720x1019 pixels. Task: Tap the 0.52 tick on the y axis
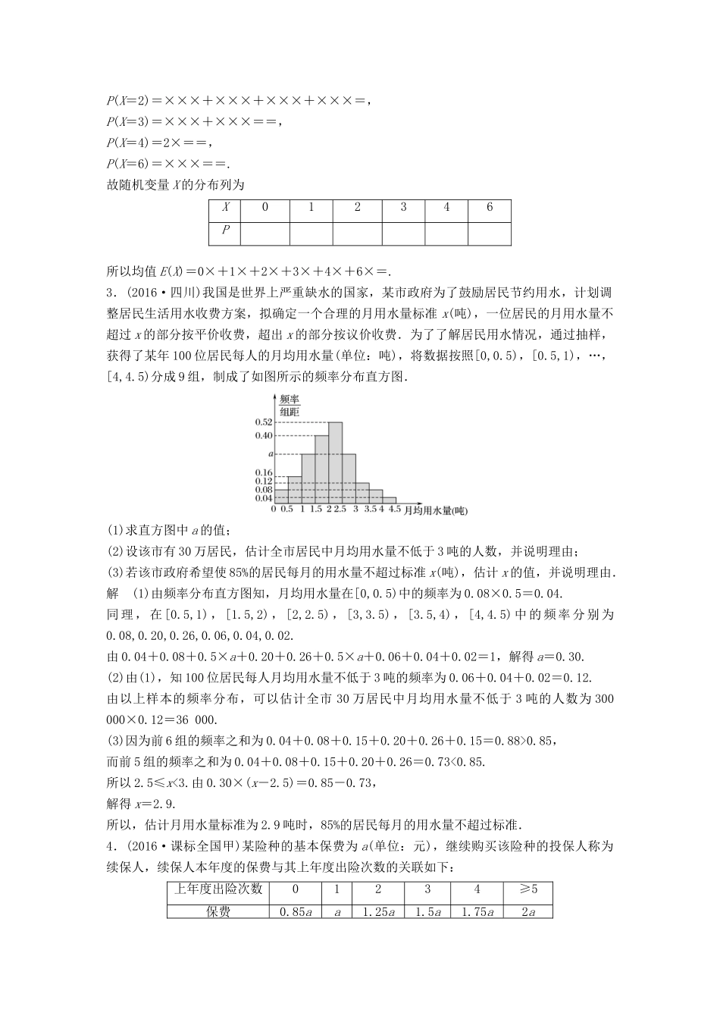(264, 422)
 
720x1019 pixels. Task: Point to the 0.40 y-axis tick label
(264, 435)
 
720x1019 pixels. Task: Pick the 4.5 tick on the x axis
(395, 509)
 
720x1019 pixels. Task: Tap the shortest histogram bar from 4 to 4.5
(388, 500)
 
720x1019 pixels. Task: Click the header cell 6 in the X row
(490, 207)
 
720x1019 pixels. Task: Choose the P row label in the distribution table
(225, 230)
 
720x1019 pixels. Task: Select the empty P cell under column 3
(403, 231)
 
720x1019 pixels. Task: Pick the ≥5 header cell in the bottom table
(528, 889)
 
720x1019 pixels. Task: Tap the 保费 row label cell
(218, 912)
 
